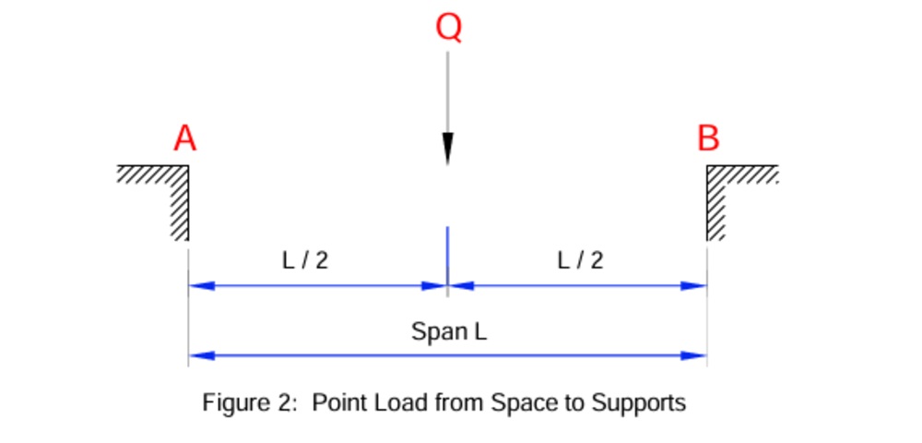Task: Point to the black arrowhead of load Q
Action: [448, 150]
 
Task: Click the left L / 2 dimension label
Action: [305, 260]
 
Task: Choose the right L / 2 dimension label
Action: [581, 260]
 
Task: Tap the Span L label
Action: [449, 330]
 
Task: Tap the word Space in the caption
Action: [519, 404]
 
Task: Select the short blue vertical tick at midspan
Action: [448, 254]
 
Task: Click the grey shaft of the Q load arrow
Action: [448, 92]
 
